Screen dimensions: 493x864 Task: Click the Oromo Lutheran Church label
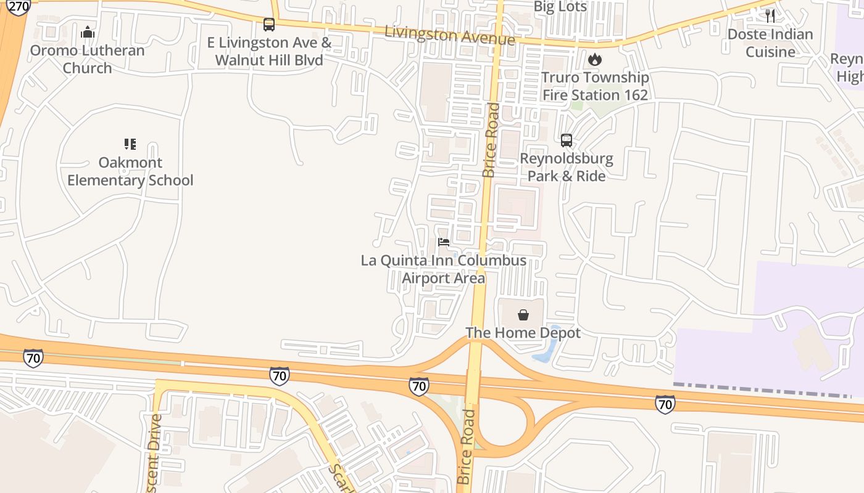(87, 59)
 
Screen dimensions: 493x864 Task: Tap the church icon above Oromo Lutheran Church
(88, 32)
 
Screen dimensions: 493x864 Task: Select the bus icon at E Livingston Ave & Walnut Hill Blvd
(269, 25)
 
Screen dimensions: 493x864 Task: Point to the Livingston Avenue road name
(449, 35)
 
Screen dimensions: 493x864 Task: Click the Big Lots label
(560, 7)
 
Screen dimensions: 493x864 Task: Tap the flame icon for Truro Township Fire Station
(594, 60)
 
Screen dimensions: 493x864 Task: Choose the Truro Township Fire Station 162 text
(595, 86)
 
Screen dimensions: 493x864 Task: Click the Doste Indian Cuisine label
(770, 43)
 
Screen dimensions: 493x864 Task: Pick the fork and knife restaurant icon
(770, 16)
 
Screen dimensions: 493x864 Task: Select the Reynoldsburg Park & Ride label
(566, 167)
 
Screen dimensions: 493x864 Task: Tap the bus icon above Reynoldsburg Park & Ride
(567, 141)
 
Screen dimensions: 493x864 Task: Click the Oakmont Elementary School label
(130, 171)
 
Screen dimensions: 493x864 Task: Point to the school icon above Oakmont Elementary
(130, 144)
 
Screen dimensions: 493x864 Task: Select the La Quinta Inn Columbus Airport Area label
(444, 269)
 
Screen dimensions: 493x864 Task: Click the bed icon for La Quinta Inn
(444, 242)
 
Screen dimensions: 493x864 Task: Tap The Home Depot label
(523, 333)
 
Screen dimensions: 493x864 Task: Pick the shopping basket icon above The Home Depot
(523, 316)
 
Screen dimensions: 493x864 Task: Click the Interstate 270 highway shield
(19, 7)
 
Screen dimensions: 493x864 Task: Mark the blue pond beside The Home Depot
(546, 349)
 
